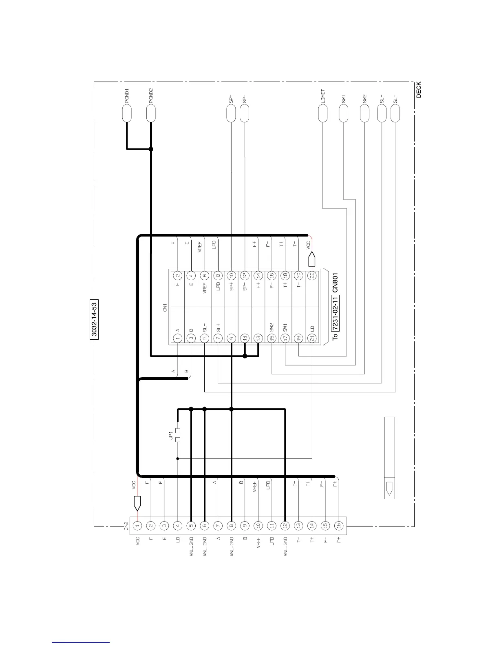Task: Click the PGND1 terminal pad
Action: (x=127, y=113)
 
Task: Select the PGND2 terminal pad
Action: (x=151, y=113)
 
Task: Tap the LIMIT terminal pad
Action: (x=322, y=113)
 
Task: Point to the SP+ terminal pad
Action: (x=231, y=113)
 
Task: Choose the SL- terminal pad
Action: (x=395, y=113)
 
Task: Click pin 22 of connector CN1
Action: (x=312, y=276)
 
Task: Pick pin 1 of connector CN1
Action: (x=178, y=338)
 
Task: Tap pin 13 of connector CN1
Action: (x=258, y=338)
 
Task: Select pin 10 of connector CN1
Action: (x=231, y=276)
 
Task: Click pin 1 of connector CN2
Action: (x=138, y=526)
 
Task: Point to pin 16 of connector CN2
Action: (x=338, y=526)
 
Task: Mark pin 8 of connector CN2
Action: (x=231, y=526)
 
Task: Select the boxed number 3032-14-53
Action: (x=94, y=319)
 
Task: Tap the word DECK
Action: (x=419, y=90)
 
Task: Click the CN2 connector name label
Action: (x=126, y=526)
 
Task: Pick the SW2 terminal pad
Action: (x=364, y=113)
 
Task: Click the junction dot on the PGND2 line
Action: (x=151, y=149)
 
